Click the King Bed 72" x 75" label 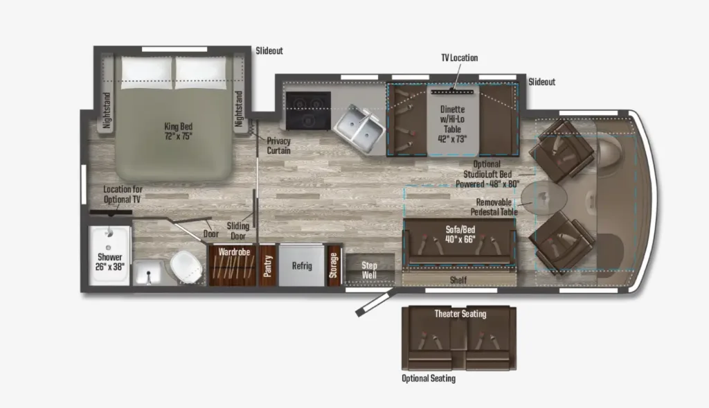178,131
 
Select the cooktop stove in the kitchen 308,110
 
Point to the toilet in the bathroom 186,267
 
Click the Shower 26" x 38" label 110,262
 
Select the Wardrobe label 234,252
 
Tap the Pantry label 268,266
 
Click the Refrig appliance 302,265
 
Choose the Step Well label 369,270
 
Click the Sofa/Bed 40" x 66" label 460,234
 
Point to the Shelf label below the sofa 458,280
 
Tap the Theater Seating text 460,314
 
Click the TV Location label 460,58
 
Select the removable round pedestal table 544,198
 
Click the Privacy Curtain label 278,145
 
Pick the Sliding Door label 238,231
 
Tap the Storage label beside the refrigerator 333,265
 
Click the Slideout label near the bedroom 269,51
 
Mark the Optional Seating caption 429,378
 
